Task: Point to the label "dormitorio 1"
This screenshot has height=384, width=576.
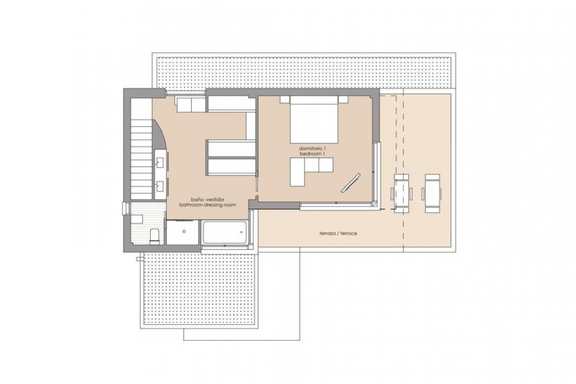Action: tap(312, 148)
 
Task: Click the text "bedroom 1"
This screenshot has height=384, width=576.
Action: tap(312, 154)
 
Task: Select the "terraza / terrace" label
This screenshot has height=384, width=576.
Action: tap(338, 233)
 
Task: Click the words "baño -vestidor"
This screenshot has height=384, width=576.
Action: tap(208, 199)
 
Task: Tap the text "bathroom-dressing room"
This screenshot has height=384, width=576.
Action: tap(208, 205)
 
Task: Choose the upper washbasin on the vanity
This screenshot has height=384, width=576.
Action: tap(159, 163)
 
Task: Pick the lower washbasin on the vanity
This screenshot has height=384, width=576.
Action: tap(159, 186)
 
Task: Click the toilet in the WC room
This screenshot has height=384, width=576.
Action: tap(154, 234)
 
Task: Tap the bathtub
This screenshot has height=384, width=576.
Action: tap(224, 232)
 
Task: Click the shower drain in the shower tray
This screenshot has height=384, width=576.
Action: tap(184, 232)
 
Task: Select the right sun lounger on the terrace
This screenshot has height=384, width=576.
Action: tap(432, 193)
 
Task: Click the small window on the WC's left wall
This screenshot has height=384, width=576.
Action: tap(124, 208)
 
